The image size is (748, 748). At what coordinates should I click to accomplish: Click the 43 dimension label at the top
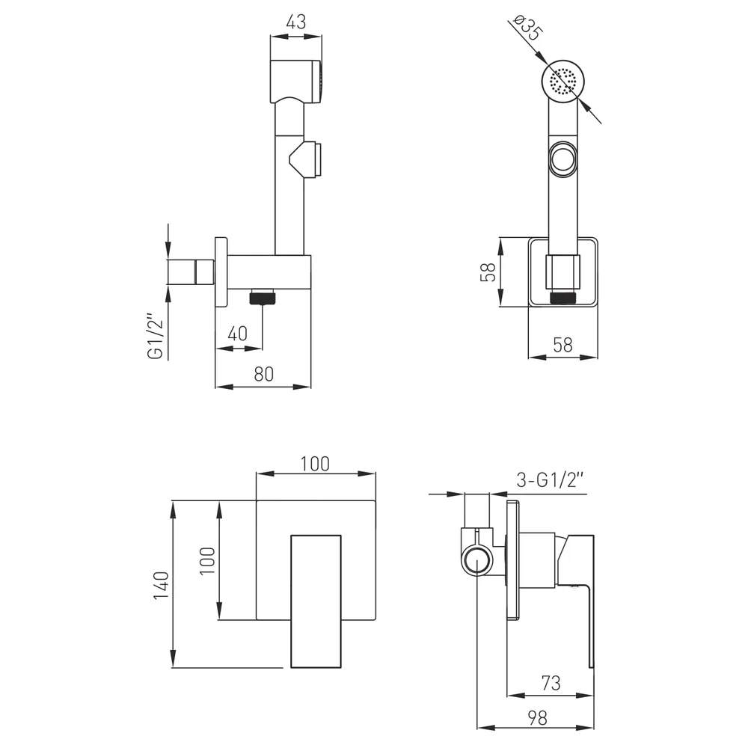(x=295, y=22)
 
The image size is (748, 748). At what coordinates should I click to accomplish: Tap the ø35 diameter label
(x=528, y=28)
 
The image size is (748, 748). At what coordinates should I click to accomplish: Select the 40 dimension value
(x=238, y=334)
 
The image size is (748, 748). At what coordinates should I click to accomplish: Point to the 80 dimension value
(x=264, y=375)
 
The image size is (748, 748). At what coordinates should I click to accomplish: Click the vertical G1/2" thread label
(x=156, y=336)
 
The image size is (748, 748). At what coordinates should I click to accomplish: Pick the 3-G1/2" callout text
(x=550, y=479)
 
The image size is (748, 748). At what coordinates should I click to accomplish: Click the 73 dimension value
(x=551, y=683)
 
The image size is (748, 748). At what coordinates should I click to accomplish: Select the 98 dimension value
(x=537, y=718)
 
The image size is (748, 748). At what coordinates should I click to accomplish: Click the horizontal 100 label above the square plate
(x=315, y=464)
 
